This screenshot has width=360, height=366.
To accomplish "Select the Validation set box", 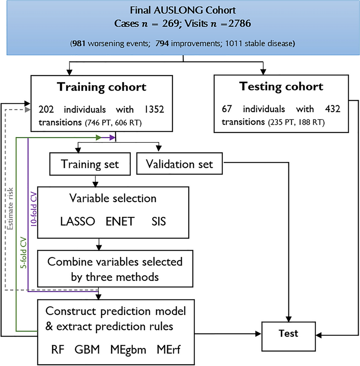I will [x=179, y=164].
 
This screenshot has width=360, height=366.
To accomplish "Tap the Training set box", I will [x=90, y=164].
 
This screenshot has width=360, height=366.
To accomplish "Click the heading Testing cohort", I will [x=281, y=86].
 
